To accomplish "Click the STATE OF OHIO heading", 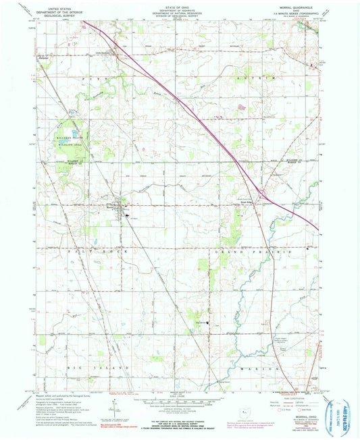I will [180, 5].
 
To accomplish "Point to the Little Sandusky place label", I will [101, 49].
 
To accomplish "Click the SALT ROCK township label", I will [61, 254].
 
